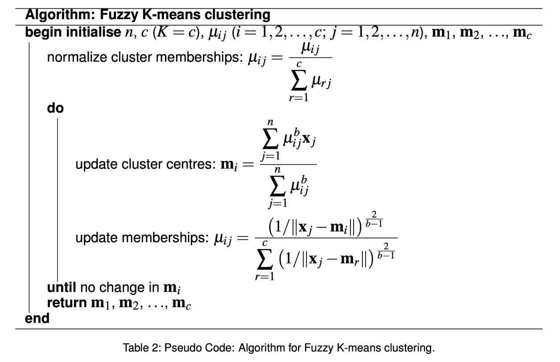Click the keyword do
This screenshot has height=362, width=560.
[x=55, y=108]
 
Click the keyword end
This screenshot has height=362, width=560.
[x=37, y=318]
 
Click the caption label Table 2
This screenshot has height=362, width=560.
[x=139, y=348]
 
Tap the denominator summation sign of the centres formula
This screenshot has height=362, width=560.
[x=277, y=188]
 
